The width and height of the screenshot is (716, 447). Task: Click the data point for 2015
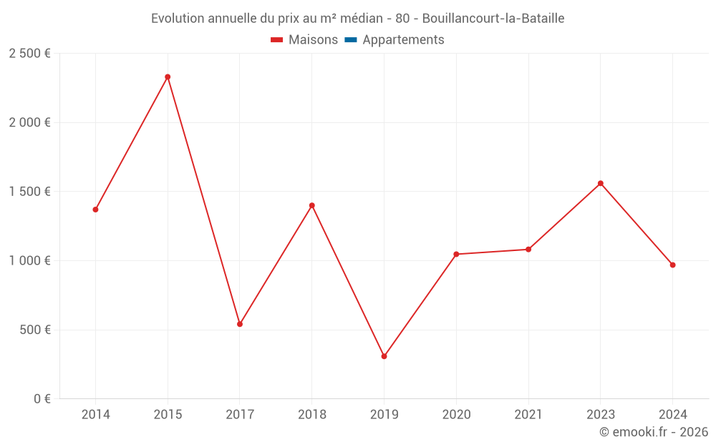[x=168, y=77]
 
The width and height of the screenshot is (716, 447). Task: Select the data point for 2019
[x=384, y=356]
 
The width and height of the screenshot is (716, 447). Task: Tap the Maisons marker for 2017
[x=240, y=324]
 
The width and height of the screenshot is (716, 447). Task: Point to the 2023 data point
[x=601, y=183]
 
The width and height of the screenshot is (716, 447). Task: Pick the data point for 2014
[x=95, y=210]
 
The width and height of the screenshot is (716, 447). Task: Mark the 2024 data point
[x=672, y=265]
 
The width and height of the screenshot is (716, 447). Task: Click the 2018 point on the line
[x=312, y=205]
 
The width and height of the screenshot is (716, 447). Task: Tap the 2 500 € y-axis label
[x=29, y=54]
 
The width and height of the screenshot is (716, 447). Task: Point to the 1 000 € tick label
[x=29, y=261]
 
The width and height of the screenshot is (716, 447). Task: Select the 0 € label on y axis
[x=41, y=399]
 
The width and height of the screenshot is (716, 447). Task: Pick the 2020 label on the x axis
[x=456, y=415]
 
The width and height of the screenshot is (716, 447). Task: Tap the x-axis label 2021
[x=528, y=415]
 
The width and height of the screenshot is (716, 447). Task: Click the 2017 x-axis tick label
[x=240, y=415]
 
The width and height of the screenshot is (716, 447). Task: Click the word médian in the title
[x=361, y=19]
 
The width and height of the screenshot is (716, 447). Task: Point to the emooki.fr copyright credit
[x=654, y=432]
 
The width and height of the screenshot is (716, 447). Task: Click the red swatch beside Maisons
[x=277, y=40]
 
